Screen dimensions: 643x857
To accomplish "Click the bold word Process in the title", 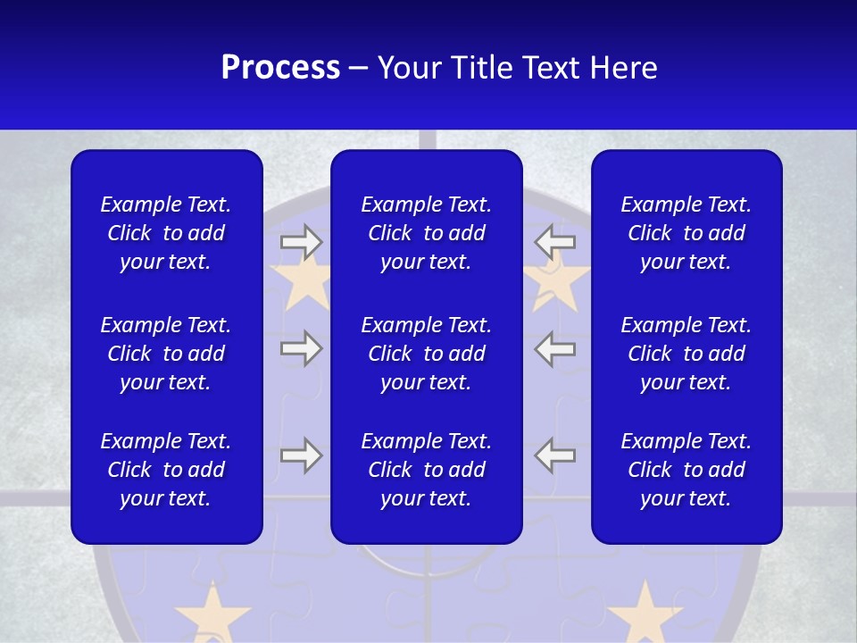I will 280,68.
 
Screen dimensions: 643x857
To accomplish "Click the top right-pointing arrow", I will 301,242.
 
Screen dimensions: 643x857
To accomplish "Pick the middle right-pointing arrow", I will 301,348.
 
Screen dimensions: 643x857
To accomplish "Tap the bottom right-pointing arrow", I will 301,455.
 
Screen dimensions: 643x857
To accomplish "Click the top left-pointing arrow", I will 555,242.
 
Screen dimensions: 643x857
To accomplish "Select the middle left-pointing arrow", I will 555,348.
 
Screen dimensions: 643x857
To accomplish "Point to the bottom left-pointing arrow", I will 555,455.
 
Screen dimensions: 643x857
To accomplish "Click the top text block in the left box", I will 166,233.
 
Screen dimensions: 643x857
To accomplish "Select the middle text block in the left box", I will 166,354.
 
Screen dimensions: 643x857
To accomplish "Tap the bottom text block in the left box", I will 166,470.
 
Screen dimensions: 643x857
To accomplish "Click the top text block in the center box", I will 426,233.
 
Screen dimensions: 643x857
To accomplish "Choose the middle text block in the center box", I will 426,354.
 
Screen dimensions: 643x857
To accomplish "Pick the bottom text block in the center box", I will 426,470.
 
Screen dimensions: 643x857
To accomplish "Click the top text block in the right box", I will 686,233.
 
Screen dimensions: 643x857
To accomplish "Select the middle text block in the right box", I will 686,354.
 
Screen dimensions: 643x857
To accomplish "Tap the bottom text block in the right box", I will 686,470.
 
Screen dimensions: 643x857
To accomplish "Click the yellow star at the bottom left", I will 212,614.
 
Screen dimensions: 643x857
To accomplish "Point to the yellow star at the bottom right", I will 645,614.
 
